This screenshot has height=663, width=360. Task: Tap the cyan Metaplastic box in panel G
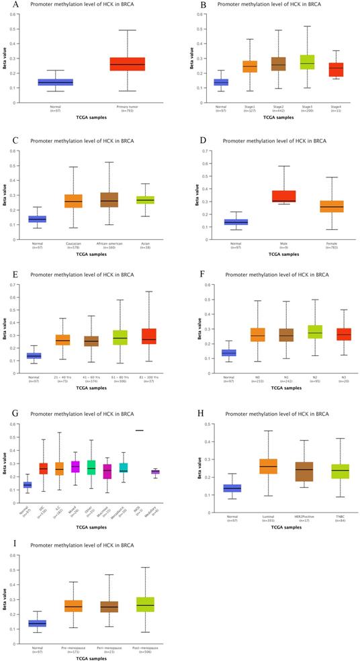[123, 468]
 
